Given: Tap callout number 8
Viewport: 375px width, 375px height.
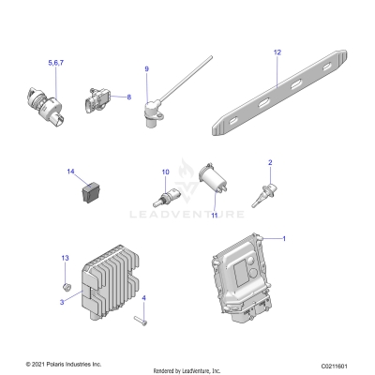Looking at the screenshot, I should coord(128,97).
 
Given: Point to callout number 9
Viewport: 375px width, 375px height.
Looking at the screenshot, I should coord(146,69).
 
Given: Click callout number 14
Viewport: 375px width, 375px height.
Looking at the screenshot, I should coord(70,172).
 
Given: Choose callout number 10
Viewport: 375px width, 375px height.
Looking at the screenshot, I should coord(166,172).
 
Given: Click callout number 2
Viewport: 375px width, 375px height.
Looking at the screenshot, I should coord(270,163).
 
